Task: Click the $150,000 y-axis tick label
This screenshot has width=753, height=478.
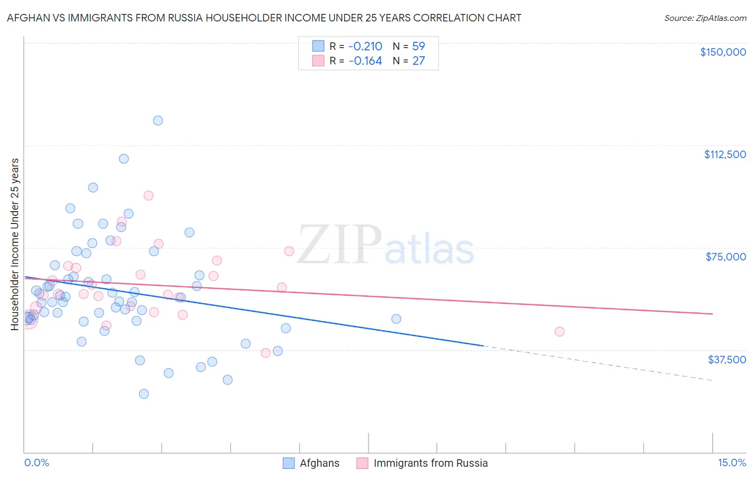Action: pyautogui.click(x=722, y=52)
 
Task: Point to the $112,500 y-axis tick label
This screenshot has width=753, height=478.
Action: pyautogui.click(x=725, y=154)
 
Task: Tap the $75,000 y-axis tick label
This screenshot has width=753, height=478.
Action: pyautogui.click(x=726, y=257)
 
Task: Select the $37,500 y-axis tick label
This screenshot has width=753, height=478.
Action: pyautogui.click(x=727, y=360)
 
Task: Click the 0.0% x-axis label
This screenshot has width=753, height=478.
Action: pyautogui.click(x=36, y=463)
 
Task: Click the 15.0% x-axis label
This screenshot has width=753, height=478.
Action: pyautogui.click(x=732, y=463)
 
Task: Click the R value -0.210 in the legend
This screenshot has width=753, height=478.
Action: pyautogui.click(x=365, y=46)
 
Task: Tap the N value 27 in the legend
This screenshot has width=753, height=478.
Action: pyautogui.click(x=418, y=61)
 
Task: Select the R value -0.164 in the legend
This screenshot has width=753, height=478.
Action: pyautogui.click(x=365, y=61)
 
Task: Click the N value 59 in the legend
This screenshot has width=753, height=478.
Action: pyautogui.click(x=418, y=46)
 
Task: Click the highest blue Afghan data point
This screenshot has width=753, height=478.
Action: pyautogui.click(x=157, y=121)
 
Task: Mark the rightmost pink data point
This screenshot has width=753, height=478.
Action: pyautogui.click(x=560, y=332)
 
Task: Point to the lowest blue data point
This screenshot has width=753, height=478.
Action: pyautogui.click(x=144, y=394)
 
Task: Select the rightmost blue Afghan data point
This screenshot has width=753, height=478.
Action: pyautogui.click(x=396, y=319)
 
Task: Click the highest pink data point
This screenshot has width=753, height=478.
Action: pyautogui.click(x=148, y=196)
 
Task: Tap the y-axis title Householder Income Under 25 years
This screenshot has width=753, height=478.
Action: pyautogui.click(x=14, y=244)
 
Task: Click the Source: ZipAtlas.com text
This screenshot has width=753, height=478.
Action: pyautogui.click(x=705, y=18)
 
